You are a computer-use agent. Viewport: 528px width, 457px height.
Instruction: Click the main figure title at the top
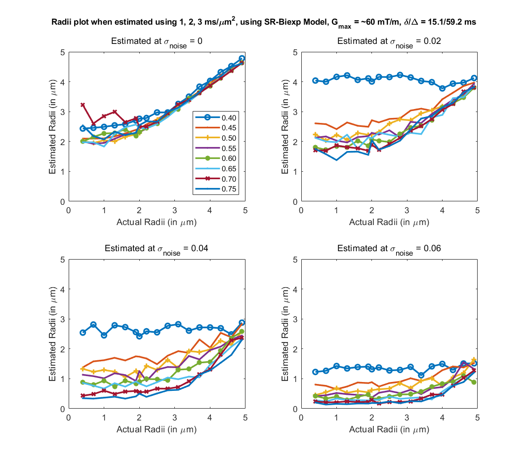pyautogui.click(x=264, y=23)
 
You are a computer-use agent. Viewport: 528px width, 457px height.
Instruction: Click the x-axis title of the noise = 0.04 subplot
pyautogui.click(x=157, y=429)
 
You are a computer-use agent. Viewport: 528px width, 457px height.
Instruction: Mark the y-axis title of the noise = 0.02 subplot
pyautogui.click(x=286, y=127)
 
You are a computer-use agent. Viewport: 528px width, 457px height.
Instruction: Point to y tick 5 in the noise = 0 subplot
pyautogui.click(x=63, y=52)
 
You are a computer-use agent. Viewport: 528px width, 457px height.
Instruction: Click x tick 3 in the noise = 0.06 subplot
pyautogui.click(x=407, y=417)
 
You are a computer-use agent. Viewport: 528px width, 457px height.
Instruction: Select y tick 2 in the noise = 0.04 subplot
pyautogui.click(x=63, y=349)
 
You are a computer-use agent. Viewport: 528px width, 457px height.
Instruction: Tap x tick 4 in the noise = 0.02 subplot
pyautogui.click(x=442, y=210)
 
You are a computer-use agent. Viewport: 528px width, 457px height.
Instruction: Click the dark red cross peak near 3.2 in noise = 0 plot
pyautogui.click(x=83, y=105)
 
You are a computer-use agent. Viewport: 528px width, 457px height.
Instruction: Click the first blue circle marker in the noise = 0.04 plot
pyautogui.click(x=83, y=333)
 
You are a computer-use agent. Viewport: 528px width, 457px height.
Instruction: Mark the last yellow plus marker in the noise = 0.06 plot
pyautogui.click(x=474, y=360)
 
